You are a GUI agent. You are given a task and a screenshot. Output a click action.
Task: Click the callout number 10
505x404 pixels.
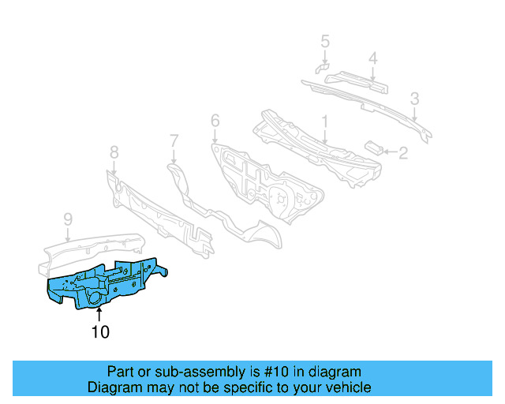point(100,332)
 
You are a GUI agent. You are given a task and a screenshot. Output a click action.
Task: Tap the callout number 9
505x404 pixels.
point(68,218)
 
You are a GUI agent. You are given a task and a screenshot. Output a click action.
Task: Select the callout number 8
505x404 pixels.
point(114,151)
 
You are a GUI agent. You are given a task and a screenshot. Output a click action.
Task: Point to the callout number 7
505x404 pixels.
point(174,141)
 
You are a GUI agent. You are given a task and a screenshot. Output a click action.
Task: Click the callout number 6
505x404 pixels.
point(215,121)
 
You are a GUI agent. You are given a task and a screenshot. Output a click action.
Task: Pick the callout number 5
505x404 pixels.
point(325,41)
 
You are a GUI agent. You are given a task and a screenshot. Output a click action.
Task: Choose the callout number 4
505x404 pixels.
point(373,57)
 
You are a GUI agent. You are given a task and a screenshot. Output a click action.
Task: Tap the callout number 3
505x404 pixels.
point(414,99)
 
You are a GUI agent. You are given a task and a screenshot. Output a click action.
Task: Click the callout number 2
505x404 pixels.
point(402,153)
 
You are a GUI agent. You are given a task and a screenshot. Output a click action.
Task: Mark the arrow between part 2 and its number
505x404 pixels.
point(389,151)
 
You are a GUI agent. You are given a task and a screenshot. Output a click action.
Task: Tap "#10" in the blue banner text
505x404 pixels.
point(271,372)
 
